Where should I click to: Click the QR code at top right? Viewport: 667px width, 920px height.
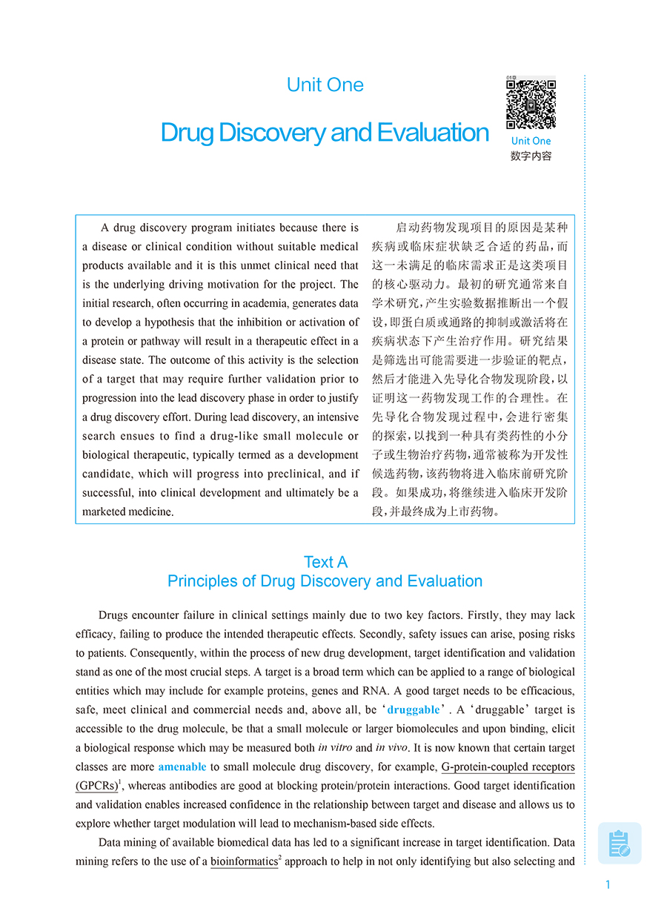tap(531, 104)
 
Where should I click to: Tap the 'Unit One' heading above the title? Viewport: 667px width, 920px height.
tap(325, 85)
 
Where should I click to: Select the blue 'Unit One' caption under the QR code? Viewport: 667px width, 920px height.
tap(531, 141)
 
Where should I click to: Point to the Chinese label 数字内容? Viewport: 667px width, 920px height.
tap(531, 156)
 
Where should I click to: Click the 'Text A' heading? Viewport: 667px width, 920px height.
tap(325, 562)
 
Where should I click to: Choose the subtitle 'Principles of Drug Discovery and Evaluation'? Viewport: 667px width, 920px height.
tap(325, 581)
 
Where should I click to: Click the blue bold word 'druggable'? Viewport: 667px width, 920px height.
tap(414, 709)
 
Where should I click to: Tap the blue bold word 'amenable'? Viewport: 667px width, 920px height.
tap(182, 767)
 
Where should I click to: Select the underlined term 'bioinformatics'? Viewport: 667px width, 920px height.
tap(244, 862)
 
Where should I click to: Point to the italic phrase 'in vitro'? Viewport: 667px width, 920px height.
tap(335, 748)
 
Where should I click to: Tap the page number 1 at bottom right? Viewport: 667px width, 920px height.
tap(608, 884)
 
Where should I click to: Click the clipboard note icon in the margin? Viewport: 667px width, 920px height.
tap(619, 844)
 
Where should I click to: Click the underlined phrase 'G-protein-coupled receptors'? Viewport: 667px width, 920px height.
tap(508, 767)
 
